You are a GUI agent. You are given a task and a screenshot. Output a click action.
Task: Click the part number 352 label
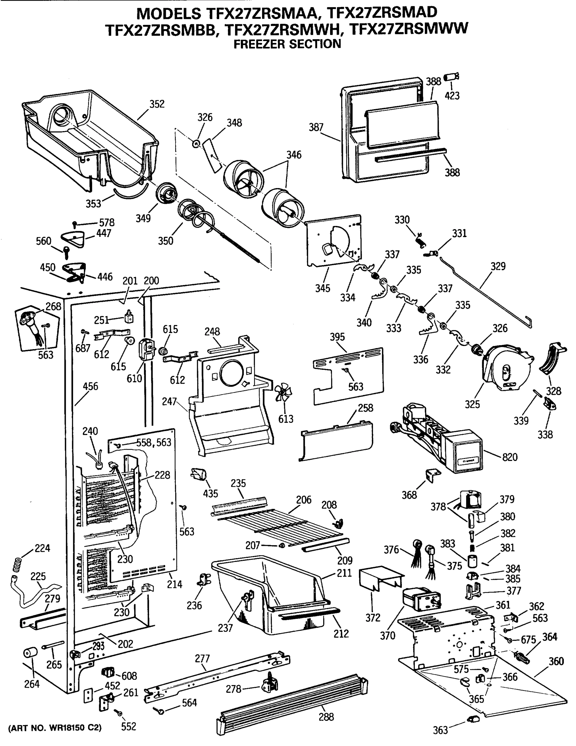[157, 104]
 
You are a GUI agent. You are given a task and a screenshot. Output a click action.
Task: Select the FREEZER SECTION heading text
[287, 44]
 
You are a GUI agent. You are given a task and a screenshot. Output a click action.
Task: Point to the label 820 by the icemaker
[510, 457]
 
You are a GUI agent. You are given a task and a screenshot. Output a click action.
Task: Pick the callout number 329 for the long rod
[498, 266]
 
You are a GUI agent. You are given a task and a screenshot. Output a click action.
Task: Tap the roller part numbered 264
[30, 653]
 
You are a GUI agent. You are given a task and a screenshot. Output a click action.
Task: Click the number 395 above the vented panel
[337, 337]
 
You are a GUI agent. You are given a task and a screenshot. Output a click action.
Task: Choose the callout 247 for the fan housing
[169, 401]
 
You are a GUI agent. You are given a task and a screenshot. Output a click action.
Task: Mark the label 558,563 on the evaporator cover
[154, 442]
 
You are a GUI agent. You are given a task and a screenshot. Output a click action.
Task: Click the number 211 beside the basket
[344, 573]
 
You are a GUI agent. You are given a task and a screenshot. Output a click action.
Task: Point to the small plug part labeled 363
[473, 719]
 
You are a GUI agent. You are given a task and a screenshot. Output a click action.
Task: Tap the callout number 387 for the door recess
[316, 127]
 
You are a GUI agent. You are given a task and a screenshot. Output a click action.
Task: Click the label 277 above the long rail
[202, 658]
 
